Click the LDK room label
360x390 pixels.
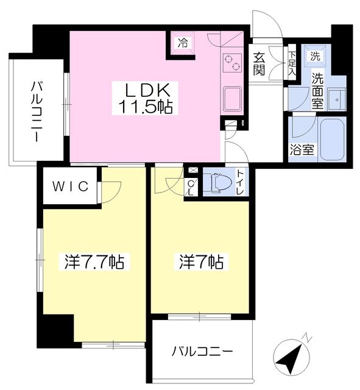144,88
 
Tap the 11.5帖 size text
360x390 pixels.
144,107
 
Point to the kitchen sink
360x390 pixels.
233,99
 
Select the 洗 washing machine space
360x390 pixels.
315,56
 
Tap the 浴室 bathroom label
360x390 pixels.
302,150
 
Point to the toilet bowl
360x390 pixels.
217,182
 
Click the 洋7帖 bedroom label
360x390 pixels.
200,263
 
